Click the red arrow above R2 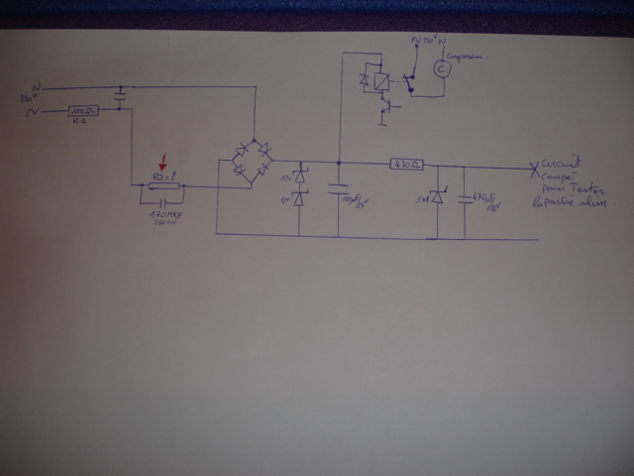click(x=164, y=159)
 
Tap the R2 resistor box click(x=162, y=184)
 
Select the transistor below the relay click(x=383, y=109)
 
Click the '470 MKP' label click(x=162, y=215)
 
